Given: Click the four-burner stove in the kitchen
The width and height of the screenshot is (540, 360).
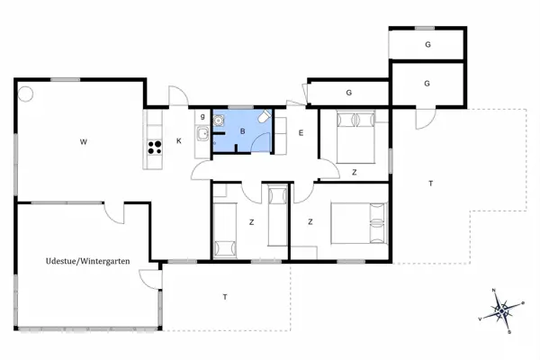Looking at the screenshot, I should pos(153,149).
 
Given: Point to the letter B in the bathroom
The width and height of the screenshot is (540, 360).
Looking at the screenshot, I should pos(242,131).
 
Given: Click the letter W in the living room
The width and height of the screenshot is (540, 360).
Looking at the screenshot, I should pos(82,141).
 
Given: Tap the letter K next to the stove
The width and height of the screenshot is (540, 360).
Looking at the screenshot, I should pos(179,140).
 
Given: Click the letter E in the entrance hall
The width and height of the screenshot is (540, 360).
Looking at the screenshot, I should pos(301,133).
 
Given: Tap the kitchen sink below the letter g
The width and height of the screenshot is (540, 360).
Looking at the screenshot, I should pos(202,135).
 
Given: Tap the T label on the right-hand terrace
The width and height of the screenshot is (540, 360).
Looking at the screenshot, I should pos(430,184).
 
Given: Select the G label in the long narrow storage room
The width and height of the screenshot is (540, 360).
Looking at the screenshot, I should pos(348,92).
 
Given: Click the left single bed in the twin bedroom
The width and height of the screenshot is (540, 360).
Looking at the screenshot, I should pos(222,230).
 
